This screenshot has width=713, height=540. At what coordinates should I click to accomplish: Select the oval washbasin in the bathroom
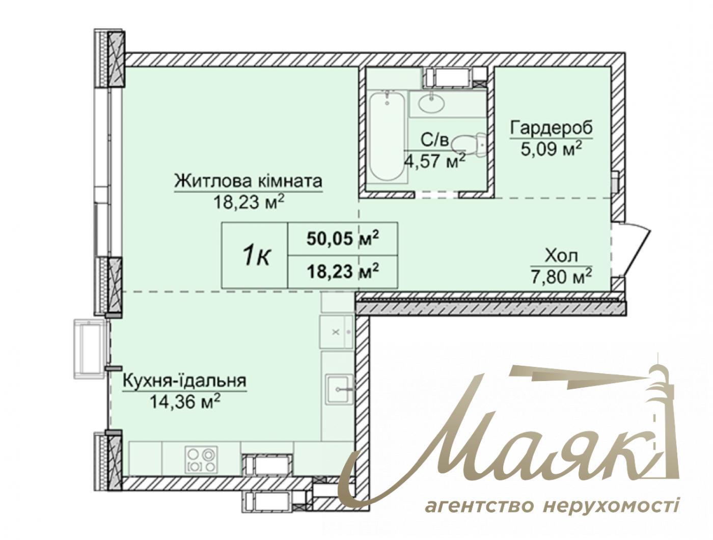(431, 103)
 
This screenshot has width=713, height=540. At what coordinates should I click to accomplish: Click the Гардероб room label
(552, 127)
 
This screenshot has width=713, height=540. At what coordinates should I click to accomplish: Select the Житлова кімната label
(249, 181)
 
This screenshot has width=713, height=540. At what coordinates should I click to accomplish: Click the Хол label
(561, 256)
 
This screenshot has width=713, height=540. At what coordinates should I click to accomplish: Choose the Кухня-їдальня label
(184, 381)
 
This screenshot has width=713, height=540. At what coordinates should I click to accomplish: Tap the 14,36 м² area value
(185, 402)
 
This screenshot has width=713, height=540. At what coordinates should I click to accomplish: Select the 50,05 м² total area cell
(343, 238)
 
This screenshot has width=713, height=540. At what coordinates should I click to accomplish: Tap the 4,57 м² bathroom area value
(434, 160)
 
